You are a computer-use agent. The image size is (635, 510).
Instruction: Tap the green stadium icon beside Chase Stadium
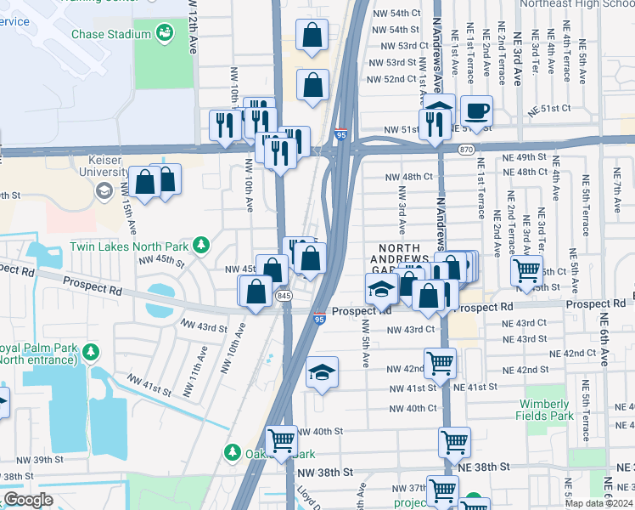coord(166,33)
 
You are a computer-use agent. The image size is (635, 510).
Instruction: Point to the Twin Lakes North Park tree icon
coord(201,246)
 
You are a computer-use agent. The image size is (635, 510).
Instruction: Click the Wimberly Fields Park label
coord(543,410)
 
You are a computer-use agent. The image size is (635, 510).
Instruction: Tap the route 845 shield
coord(284,295)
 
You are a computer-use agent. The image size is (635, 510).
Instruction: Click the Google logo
coord(28,499)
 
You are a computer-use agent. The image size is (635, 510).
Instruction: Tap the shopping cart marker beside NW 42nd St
coord(440,363)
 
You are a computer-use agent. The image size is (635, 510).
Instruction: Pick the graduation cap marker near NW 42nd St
coord(322,372)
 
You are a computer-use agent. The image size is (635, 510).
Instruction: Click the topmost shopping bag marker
coord(312,35)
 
